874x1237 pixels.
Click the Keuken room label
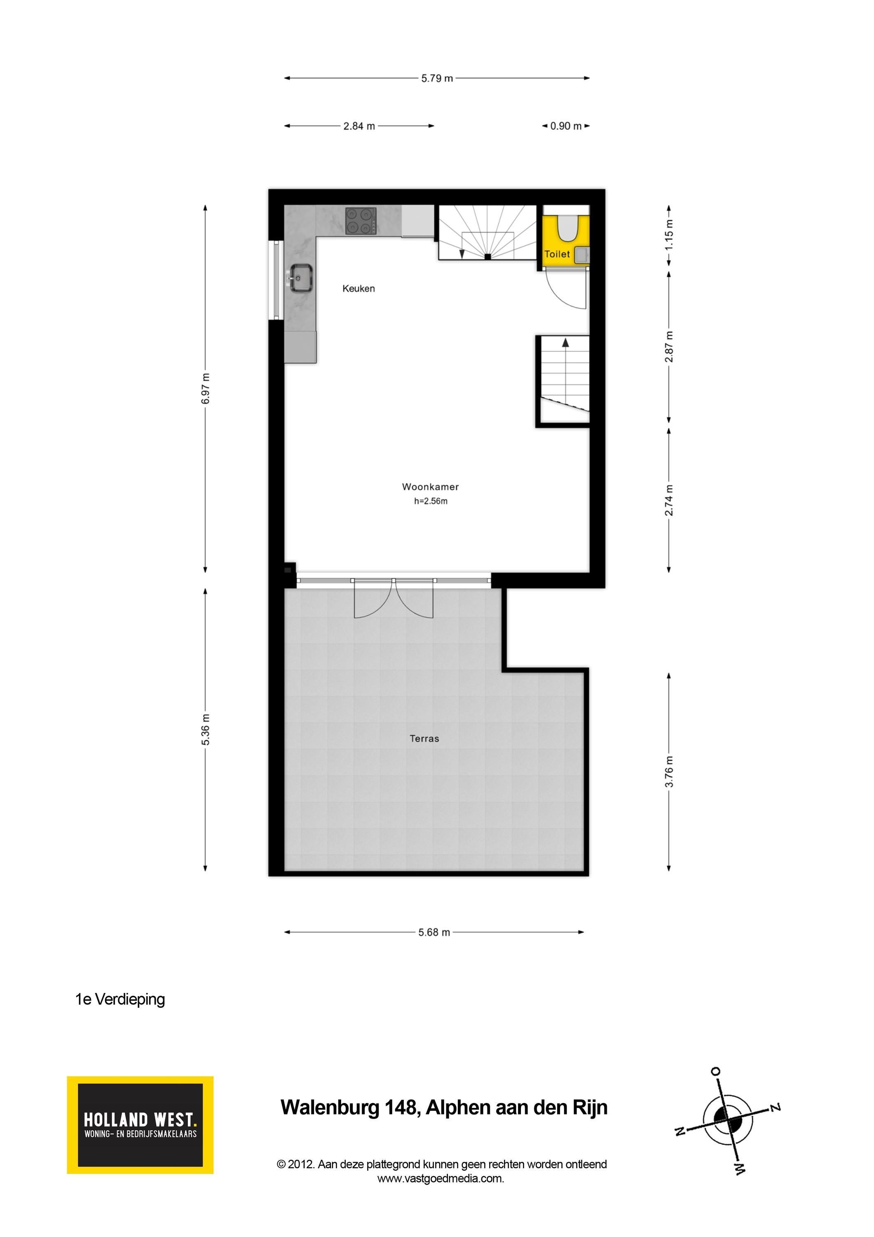(x=359, y=289)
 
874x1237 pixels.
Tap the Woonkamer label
(x=430, y=487)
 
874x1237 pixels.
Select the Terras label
(x=424, y=738)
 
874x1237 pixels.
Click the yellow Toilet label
(x=557, y=254)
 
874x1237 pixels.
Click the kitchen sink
(x=301, y=278)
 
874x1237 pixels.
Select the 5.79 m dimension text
(x=437, y=78)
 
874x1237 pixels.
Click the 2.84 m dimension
(x=359, y=126)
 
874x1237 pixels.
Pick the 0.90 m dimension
(x=566, y=126)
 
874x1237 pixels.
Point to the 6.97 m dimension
(x=205, y=388)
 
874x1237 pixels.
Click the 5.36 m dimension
(x=205, y=729)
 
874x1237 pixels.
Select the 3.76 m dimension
(x=669, y=771)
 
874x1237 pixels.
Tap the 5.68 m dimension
(x=434, y=932)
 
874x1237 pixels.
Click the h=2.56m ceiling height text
(x=431, y=501)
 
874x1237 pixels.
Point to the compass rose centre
(x=728, y=1119)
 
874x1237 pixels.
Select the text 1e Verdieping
(x=120, y=1000)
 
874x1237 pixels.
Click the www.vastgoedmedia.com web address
(x=441, y=1178)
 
